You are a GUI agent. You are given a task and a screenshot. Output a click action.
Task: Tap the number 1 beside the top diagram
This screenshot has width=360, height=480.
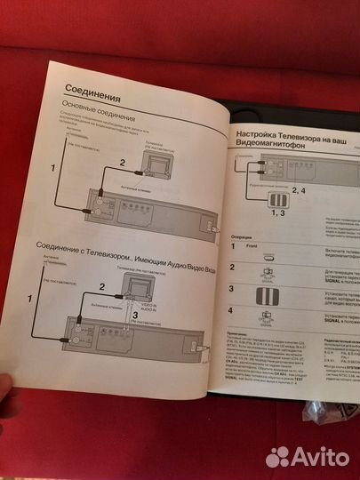coord(53,167)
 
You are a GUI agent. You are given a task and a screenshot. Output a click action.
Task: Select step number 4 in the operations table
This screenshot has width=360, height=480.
coord(233,311)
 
